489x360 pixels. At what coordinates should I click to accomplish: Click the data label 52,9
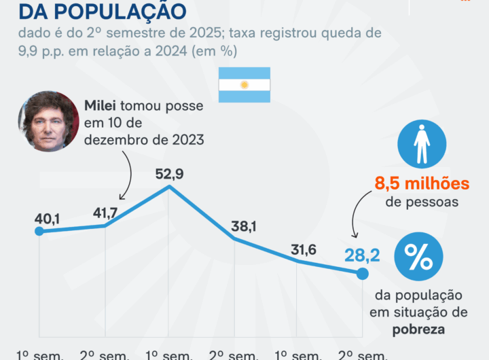coord(169,174)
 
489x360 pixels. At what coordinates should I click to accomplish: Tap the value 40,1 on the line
coord(48,219)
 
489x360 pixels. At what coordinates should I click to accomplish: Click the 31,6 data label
coord(302,249)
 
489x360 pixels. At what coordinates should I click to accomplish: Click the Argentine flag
coord(244,85)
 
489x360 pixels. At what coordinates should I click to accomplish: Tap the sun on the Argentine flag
coord(244,85)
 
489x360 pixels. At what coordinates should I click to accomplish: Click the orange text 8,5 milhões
coord(422,183)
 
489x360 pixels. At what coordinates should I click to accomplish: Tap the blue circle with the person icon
coord(422,144)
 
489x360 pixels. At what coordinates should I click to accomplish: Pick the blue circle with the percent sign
coord(418,257)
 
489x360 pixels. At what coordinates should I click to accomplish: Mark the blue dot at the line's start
coord(39,232)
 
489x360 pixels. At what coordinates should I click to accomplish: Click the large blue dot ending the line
coord(362,274)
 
